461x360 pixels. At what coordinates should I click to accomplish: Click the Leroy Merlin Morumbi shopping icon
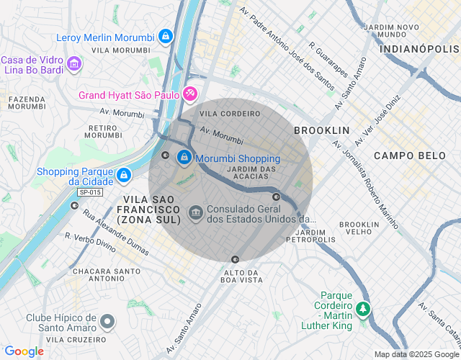(x=166, y=36)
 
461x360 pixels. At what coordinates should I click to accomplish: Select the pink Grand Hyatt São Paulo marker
(x=189, y=94)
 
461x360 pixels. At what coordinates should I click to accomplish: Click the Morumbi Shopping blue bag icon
(x=184, y=156)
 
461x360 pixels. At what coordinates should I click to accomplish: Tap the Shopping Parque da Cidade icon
(x=124, y=175)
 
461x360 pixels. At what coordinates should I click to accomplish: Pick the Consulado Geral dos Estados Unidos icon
(x=195, y=213)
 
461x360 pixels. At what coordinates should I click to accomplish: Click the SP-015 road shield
(x=90, y=192)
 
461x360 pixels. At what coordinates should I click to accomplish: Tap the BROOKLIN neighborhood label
(x=321, y=130)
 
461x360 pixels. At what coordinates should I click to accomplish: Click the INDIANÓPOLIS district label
(x=419, y=49)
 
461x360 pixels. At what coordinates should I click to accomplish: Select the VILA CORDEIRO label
(x=230, y=114)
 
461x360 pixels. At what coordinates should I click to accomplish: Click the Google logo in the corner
(x=24, y=351)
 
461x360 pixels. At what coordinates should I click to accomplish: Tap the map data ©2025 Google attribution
(x=416, y=354)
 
